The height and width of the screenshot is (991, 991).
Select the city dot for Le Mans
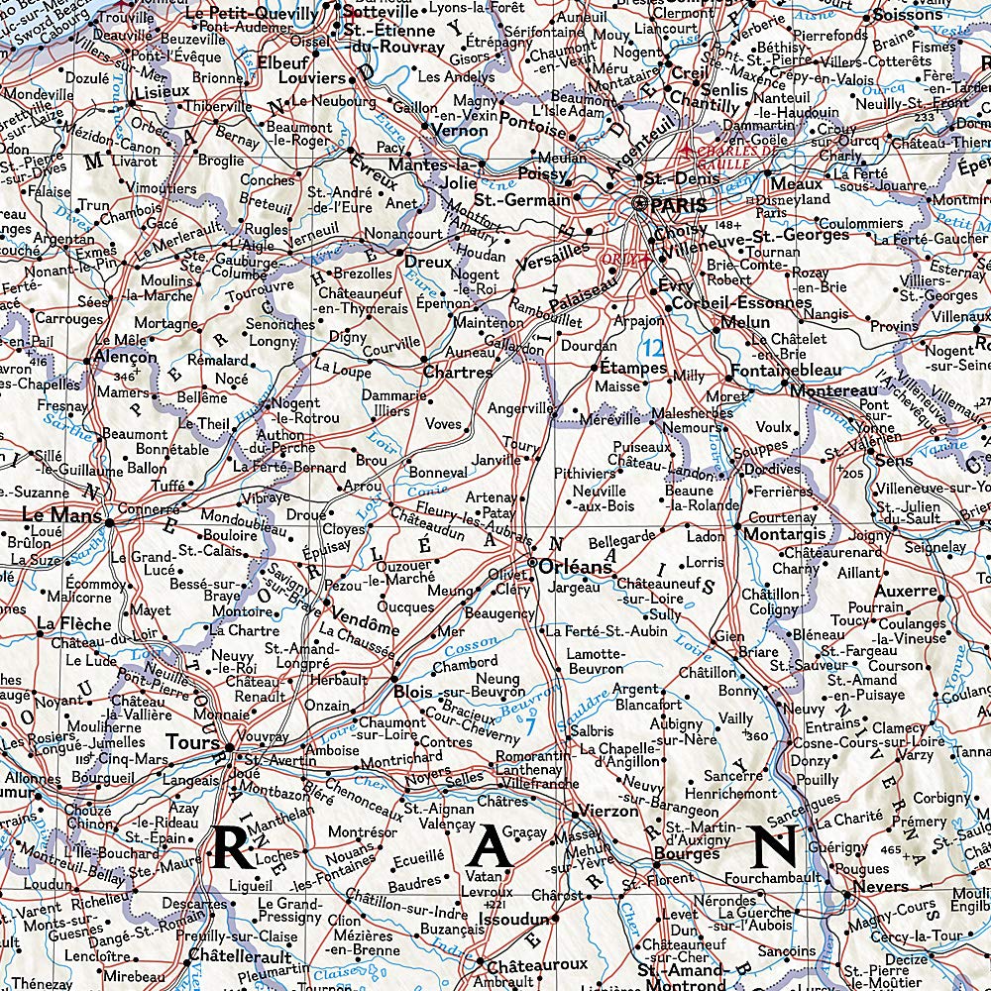coord(108,522)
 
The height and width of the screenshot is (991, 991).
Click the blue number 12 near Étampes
coord(651,349)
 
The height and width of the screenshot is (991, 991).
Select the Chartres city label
coord(457,373)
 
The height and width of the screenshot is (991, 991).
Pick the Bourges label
coord(686,853)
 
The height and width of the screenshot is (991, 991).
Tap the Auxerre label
coord(907,591)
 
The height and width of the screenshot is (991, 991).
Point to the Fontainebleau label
coord(785,370)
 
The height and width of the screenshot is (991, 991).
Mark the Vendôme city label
coord(366,628)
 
